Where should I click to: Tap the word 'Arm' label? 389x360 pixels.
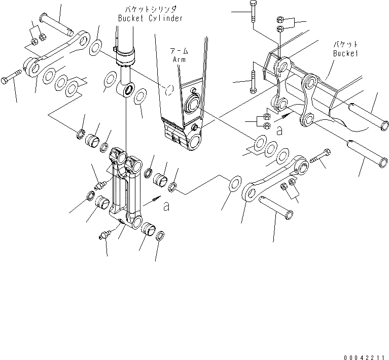(180, 59)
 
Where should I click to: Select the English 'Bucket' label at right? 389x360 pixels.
(345, 53)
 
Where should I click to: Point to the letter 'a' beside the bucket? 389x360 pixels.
(279, 130)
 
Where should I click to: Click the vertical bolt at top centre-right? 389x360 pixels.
(252, 15)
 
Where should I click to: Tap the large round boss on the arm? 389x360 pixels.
(193, 105)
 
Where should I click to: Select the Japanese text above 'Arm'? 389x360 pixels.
(180, 50)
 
